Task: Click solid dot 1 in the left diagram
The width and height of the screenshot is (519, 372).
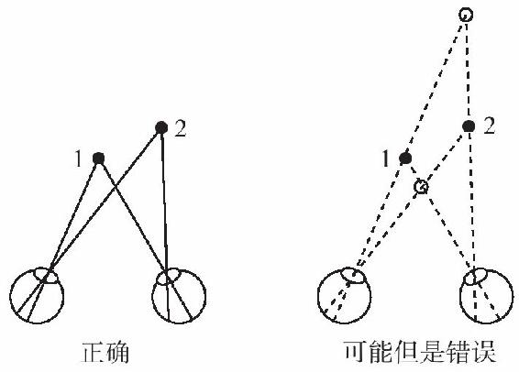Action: click(x=99, y=159)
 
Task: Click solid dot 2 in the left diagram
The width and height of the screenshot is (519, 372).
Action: click(x=161, y=127)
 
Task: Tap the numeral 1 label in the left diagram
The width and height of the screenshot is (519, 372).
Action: click(x=78, y=159)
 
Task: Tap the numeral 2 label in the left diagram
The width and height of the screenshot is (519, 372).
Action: click(x=181, y=129)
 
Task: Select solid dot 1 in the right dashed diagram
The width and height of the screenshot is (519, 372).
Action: click(x=405, y=159)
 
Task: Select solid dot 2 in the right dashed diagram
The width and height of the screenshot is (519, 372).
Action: click(x=469, y=126)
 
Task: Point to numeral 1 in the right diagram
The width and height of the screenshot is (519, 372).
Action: click(x=385, y=159)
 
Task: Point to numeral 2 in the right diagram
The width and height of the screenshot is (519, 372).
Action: click(x=490, y=126)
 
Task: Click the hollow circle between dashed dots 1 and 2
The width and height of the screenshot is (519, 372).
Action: click(x=414, y=187)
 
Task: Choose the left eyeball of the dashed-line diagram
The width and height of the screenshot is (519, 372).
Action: click(x=318, y=295)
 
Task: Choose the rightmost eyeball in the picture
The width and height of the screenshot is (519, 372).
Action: click(x=513, y=295)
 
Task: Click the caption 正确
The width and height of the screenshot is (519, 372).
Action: click(x=105, y=353)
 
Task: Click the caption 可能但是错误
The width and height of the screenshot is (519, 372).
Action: click(x=420, y=352)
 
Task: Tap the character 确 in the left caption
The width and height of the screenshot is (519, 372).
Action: click(x=117, y=353)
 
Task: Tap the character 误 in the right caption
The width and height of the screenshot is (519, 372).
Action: click(x=484, y=352)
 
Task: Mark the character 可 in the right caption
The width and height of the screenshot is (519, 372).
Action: click(x=357, y=352)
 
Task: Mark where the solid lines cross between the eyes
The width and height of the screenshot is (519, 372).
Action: click(x=115, y=188)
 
